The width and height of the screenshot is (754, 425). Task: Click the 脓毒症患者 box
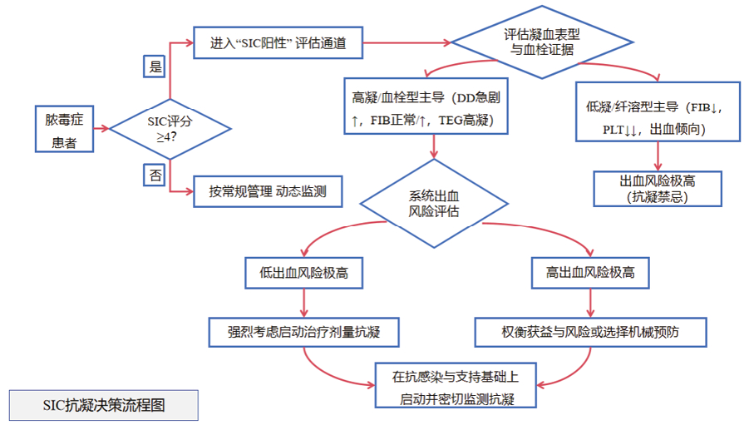pyautogui.click(x=64, y=129)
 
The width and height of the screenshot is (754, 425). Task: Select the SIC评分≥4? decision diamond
pyautogui.click(x=170, y=128)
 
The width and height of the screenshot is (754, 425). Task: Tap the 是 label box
pyautogui.click(x=155, y=67)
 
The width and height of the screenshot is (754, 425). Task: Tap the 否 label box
pyautogui.click(x=155, y=175)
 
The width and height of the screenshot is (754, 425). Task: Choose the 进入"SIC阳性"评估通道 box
pyautogui.click(x=278, y=42)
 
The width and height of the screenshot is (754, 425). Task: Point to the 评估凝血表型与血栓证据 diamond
pyautogui.click(x=541, y=42)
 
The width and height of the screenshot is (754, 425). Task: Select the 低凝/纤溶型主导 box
pyautogui.click(x=658, y=111)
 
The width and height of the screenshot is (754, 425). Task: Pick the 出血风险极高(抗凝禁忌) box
pyautogui.click(x=658, y=188)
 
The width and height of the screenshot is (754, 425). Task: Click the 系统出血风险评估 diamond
pyautogui.click(x=436, y=203)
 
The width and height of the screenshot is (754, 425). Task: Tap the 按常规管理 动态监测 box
pyautogui.click(x=267, y=191)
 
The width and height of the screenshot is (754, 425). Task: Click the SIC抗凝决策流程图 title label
pyautogui.click(x=104, y=405)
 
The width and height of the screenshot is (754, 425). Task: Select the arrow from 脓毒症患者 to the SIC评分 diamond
pyautogui.click(x=101, y=128)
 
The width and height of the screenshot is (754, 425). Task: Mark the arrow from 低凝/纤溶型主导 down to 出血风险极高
pyautogui.click(x=658, y=156)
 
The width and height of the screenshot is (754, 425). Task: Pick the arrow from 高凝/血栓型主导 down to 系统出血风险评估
pyautogui.click(x=434, y=147)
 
